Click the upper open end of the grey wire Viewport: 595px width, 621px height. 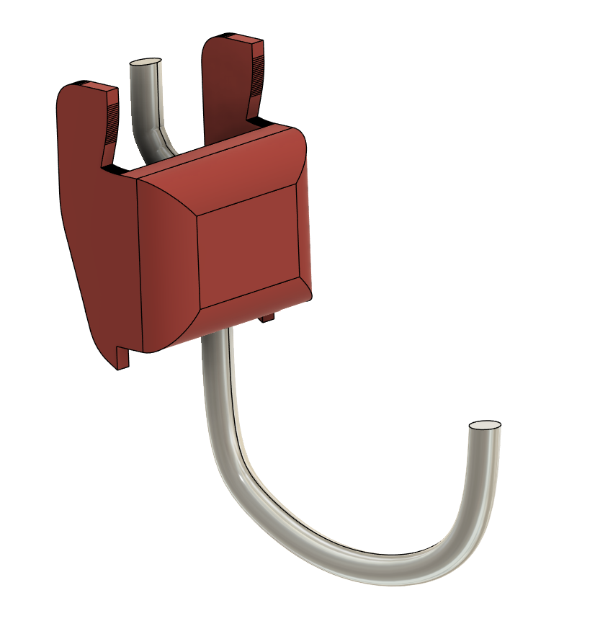pyautogui.click(x=145, y=64)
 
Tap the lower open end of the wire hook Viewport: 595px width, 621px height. pyautogui.click(x=485, y=426)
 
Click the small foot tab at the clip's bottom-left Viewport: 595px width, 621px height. pyautogui.click(x=122, y=359)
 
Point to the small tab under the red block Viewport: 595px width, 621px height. pyautogui.click(x=268, y=317)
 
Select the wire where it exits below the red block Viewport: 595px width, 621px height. pyautogui.click(x=217, y=353)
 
